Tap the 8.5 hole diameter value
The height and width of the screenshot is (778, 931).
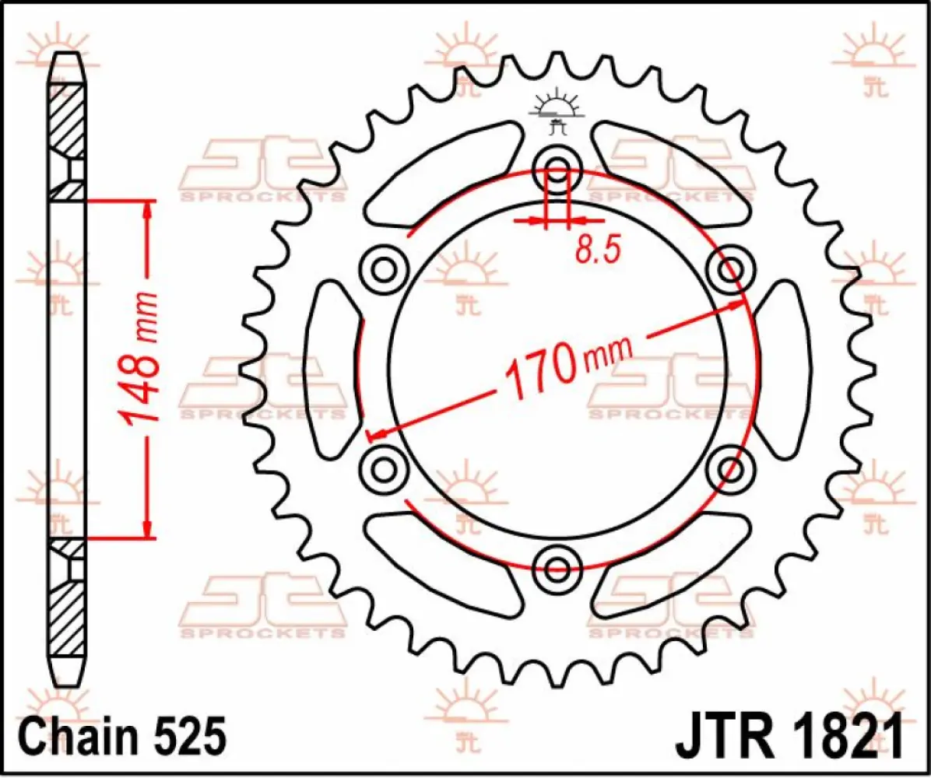tap(597, 250)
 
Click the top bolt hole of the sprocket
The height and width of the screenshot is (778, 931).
tap(557, 167)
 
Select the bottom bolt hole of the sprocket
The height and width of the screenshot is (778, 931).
tap(557, 569)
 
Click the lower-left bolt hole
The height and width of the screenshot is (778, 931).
tap(384, 469)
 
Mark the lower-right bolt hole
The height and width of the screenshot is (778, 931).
tap(731, 469)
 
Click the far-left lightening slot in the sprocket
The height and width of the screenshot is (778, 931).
tap(331, 370)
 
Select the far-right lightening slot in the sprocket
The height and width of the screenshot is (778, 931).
tap(784, 370)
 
